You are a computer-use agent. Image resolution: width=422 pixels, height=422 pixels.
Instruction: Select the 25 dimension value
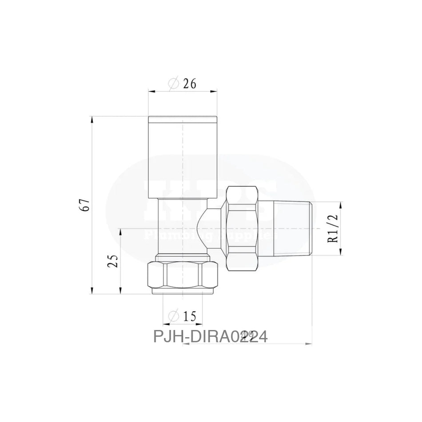(x=113, y=261)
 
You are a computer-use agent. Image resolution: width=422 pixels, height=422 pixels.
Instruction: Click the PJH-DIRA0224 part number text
(x=210, y=337)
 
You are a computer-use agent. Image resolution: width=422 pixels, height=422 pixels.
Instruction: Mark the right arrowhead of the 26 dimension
(x=215, y=92)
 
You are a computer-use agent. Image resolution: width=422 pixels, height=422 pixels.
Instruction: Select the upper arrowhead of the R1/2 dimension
(x=341, y=205)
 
